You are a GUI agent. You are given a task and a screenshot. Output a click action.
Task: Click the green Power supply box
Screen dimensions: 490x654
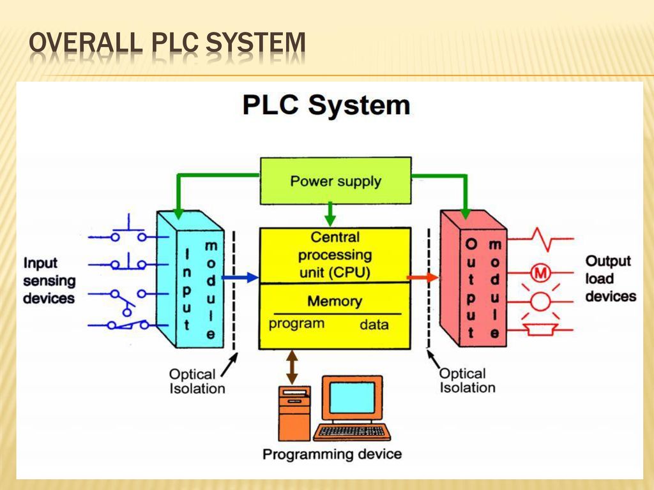pos(335,181)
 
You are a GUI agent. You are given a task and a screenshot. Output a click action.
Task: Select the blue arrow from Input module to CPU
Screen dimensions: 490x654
pos(241,278)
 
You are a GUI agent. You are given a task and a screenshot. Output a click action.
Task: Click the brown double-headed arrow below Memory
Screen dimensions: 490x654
pos(293,366)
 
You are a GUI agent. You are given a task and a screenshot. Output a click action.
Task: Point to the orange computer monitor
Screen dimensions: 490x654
pos(352,398)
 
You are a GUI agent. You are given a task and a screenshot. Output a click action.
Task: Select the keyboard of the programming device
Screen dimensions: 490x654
pos(352,432)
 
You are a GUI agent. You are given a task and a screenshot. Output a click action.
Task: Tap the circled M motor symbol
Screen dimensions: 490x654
pos(540,273)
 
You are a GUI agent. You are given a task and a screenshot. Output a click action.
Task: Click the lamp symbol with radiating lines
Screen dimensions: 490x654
pos(540,301)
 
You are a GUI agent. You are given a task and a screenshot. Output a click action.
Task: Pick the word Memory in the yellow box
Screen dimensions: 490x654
pos(334,301)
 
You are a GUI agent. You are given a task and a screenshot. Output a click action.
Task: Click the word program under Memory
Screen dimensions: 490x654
pos(296,323)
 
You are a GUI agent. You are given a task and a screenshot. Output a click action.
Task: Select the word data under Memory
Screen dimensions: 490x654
pos(374,325)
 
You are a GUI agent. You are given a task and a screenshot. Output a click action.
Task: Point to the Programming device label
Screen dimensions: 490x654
pos(332,454)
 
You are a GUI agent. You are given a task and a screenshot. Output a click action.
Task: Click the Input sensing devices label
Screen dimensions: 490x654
pos(49,280)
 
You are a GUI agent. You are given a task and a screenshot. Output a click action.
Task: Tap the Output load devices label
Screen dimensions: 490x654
pos(611,278)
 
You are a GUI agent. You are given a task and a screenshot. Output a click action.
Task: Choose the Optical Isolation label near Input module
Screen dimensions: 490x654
pos(197,381)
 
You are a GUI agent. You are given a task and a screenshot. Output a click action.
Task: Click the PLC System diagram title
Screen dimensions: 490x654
pos(326,105)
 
